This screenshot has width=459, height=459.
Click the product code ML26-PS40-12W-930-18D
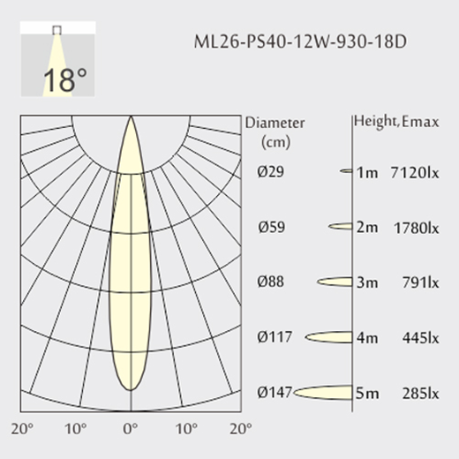click(x=300, y=41)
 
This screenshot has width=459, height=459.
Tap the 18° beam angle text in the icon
click(x=65, y=79)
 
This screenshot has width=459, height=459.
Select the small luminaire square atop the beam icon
click(x=56, y=30)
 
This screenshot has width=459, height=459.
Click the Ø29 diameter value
click(x=271, y=171)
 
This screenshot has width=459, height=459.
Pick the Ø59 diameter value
click(x=272, y=227)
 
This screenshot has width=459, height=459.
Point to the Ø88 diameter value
click(x=271, y=282)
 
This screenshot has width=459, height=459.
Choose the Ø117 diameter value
click(x=275, y=336)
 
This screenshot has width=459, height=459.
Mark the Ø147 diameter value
click(x=275, y=392)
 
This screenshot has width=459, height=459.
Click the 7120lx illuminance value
click(x=415, y=172)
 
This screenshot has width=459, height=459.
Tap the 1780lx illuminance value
click(x=416, y=228)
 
